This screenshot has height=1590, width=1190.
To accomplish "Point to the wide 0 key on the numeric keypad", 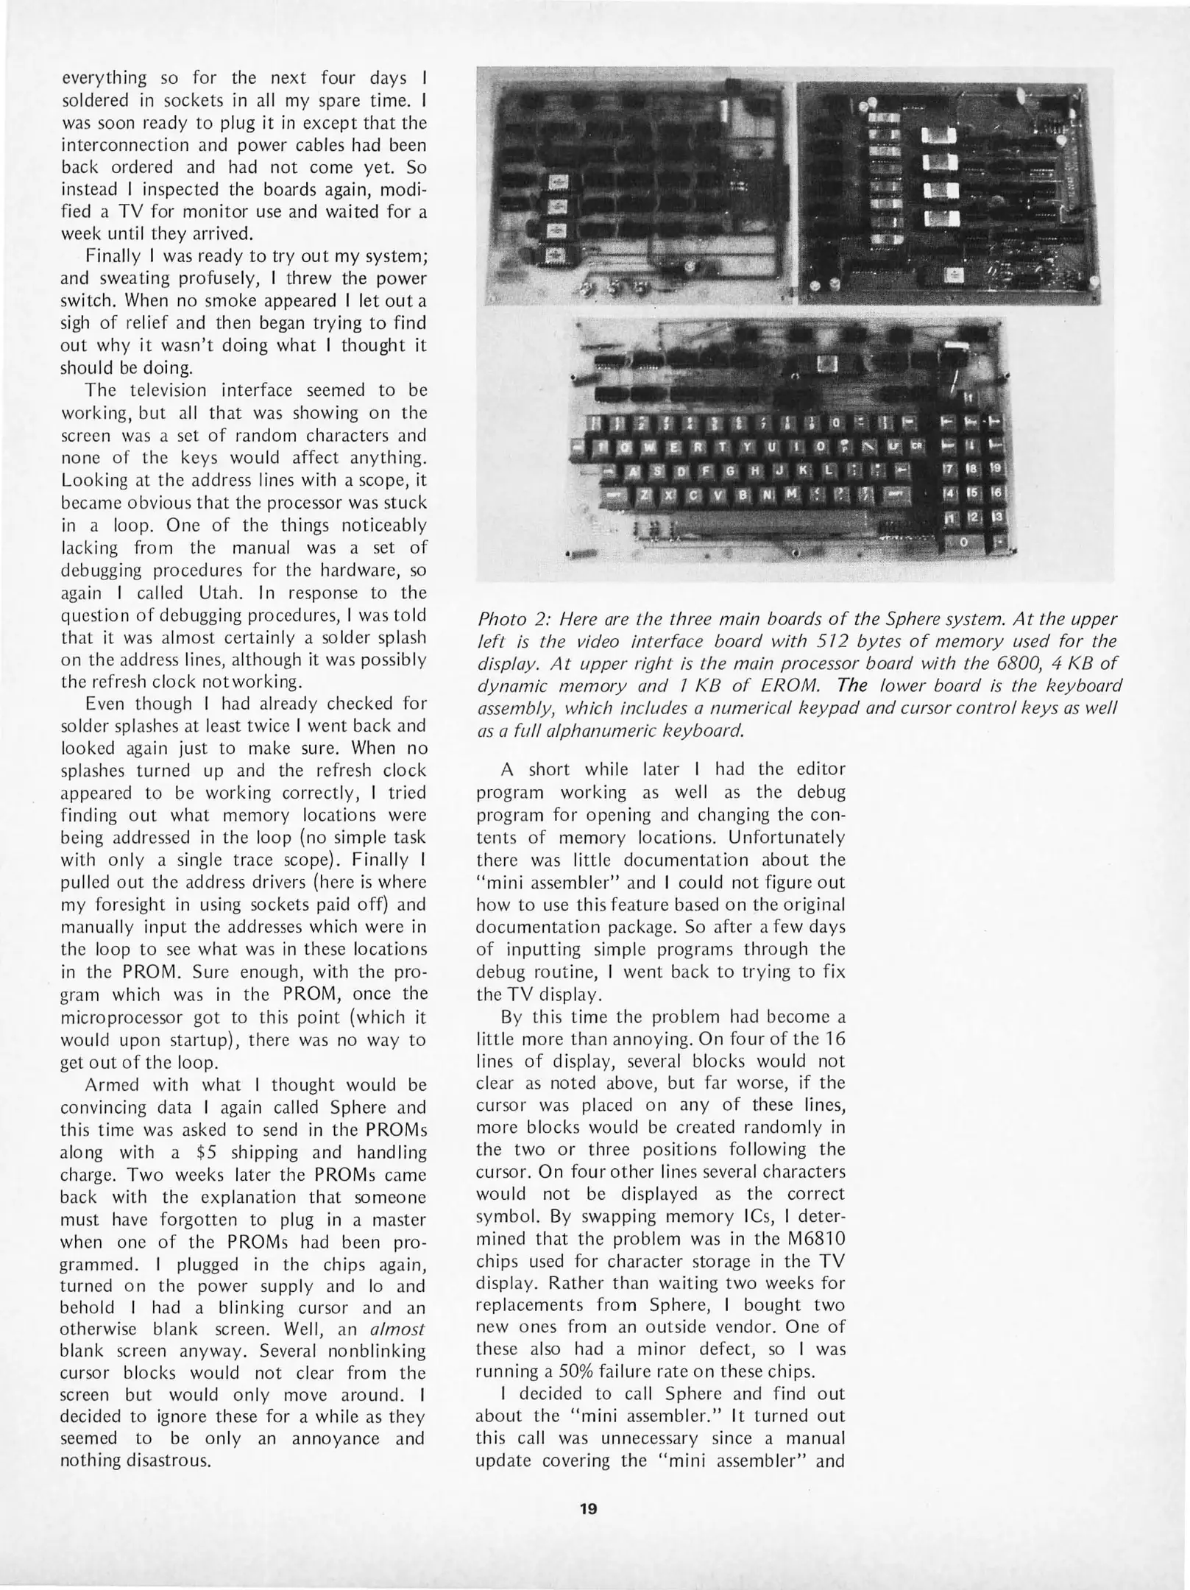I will pyautogui.click(x=965, y=542).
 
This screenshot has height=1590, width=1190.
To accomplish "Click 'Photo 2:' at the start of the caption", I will pyautogui.click(x=508, y=619).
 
